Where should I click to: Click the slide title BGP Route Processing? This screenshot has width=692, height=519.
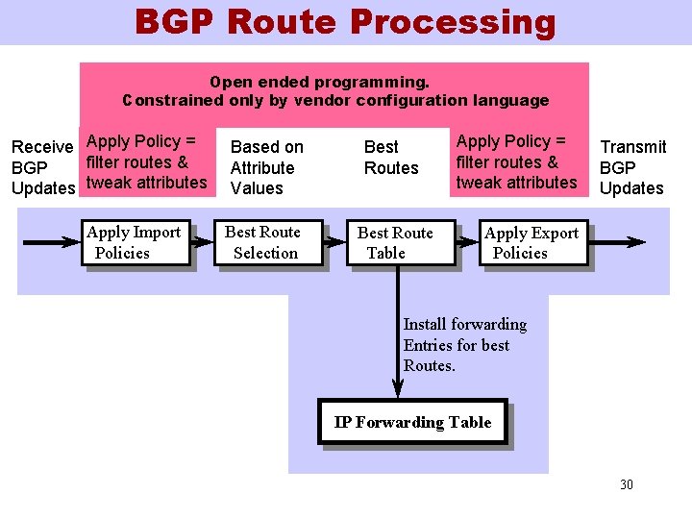[345, 21]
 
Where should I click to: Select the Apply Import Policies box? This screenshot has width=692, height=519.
[135, 243]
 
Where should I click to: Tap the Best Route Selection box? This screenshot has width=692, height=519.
[263, 243]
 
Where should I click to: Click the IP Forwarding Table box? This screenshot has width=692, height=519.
[412, 423]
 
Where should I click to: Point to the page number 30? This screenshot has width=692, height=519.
[627, 484]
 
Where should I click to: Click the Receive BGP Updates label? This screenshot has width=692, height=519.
[42, 167]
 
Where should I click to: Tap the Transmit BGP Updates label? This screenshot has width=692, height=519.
[632, 167]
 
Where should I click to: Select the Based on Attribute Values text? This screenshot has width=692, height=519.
[266, 167]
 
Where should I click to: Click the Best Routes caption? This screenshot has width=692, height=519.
[390, 158]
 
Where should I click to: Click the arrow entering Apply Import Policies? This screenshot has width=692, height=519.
[52, 243]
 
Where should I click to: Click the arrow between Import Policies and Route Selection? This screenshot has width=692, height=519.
[205, 243]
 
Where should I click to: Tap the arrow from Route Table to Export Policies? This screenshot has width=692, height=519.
[467, 243]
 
